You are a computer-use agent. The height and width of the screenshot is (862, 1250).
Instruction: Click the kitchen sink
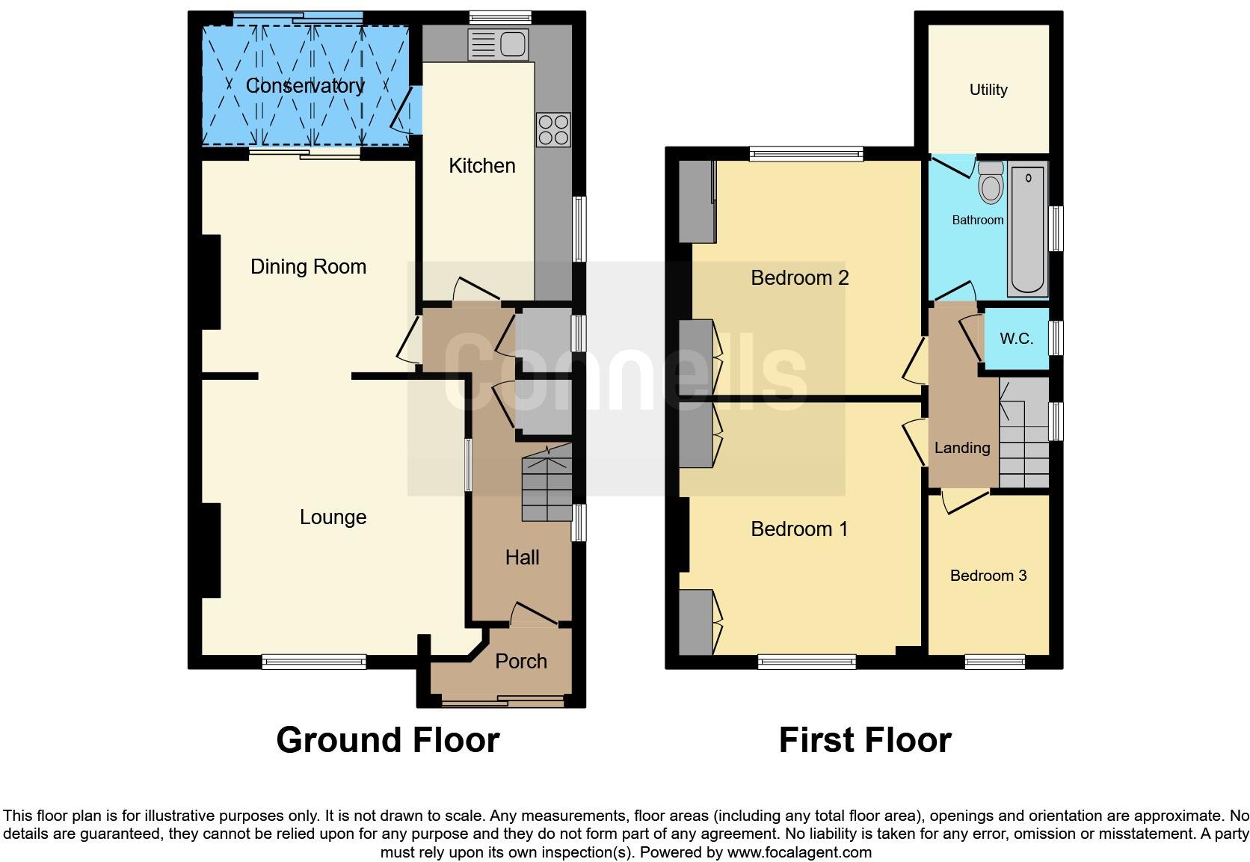pos(498,44)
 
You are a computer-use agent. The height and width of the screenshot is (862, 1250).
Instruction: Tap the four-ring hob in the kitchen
pos(553,129)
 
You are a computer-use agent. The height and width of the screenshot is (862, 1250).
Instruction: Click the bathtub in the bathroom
pos(1028,230)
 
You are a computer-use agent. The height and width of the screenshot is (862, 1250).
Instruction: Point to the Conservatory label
pos(305,86)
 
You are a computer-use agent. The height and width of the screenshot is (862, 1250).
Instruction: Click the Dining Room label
pos(308,267)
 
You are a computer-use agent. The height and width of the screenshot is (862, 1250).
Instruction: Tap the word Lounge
pos(333,517)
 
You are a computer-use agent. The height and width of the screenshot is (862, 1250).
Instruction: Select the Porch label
pos(521,662)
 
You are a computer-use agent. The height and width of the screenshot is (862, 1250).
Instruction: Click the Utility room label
pos(988,90)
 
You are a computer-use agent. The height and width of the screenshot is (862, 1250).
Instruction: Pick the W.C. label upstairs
pos(1016,339)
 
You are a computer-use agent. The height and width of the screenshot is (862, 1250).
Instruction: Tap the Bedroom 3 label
pos(988,576)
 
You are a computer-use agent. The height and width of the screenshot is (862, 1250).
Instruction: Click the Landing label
pos(962,448)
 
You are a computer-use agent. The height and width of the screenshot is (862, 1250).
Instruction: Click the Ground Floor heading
pos(387,740)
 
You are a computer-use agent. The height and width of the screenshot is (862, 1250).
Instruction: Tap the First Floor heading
pos(865,740)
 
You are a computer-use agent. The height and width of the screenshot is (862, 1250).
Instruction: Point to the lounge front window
pos(314,661)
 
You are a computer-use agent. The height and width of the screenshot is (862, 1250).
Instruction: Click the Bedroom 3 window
pos(994,661)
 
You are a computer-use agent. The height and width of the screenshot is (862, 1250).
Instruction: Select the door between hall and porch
pos(535,617)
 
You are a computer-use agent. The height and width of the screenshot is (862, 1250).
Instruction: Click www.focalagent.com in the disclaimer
pos(799,852)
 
